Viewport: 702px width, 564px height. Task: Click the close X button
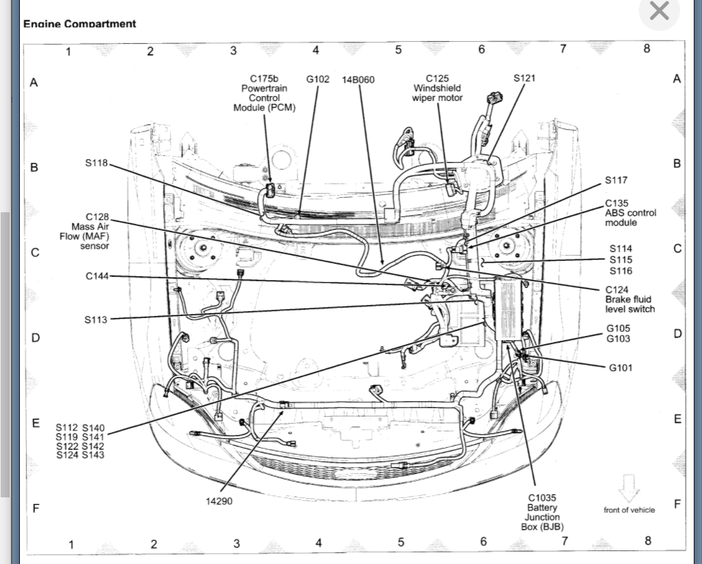pos(659,11)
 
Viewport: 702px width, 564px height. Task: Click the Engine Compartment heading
pos(80,23)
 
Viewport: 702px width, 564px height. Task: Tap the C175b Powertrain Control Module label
pos(264,93)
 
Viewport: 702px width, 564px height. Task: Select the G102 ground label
pos(318,79)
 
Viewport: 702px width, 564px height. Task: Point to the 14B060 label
pos(358,80)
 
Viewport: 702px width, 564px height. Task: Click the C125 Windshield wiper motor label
pos(437,88)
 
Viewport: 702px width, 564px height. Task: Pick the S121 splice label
pos(524,78)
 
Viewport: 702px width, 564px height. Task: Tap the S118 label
pos(97,163)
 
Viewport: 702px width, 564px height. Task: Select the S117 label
pos(616,180)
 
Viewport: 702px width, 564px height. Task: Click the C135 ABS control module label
pos(630,213)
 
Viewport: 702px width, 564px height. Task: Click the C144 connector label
pos(97,276)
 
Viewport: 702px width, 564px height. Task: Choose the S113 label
pos(96,319)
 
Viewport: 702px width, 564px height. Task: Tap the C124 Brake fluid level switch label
pos(629,300)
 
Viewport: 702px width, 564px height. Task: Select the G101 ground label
pos(620,368)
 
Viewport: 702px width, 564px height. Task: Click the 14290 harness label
pos(219,501)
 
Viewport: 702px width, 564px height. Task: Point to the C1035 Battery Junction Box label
pos(542,512)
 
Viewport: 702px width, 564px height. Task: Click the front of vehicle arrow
pos(629,488)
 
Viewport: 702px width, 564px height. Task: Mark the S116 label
pos(620,271)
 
